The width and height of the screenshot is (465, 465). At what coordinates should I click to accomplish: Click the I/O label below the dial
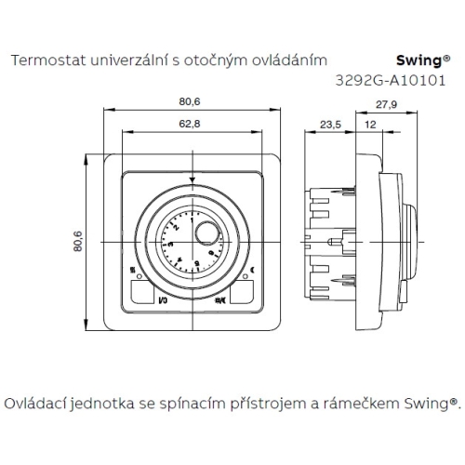pos(162,301)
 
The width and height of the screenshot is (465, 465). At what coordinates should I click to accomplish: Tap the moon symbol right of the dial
pos(252,271)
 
